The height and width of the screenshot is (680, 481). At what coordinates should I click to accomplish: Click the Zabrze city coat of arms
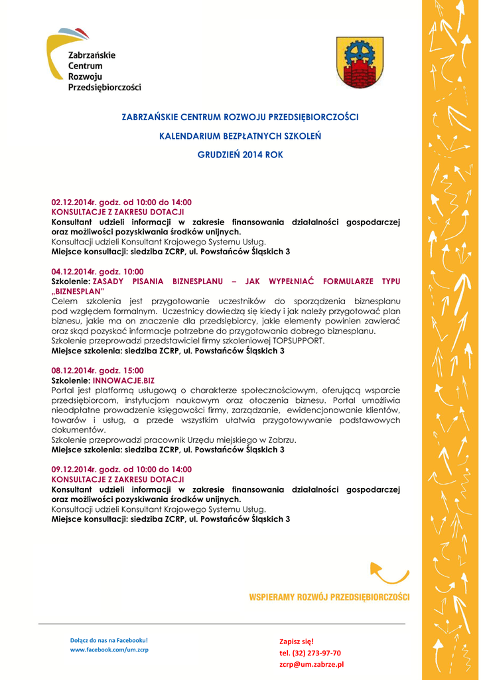360,62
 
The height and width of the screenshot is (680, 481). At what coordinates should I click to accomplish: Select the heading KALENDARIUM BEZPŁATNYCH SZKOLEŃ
240,135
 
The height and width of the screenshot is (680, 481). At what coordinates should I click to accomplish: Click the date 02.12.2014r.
74,202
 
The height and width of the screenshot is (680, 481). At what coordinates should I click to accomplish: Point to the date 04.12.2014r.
74,272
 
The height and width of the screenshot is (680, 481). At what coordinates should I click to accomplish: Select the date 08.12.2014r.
74,371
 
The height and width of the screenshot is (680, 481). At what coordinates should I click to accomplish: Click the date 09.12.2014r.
74,469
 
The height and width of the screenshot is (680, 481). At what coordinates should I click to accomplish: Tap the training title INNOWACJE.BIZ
123,381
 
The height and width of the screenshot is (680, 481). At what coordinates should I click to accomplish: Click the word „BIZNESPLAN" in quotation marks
78,292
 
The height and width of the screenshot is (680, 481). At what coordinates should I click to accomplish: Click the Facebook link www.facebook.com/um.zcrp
109,649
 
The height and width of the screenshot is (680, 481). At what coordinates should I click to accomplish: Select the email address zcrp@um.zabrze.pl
311,664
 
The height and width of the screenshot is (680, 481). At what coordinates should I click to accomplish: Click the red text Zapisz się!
296,641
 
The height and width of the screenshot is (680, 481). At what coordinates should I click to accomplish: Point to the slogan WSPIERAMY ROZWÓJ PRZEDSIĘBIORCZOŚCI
329,597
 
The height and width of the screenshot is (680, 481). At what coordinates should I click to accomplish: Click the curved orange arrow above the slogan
388,573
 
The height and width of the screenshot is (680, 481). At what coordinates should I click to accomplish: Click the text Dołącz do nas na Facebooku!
109,640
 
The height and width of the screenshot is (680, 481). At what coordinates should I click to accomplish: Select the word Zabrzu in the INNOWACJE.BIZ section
281,440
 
